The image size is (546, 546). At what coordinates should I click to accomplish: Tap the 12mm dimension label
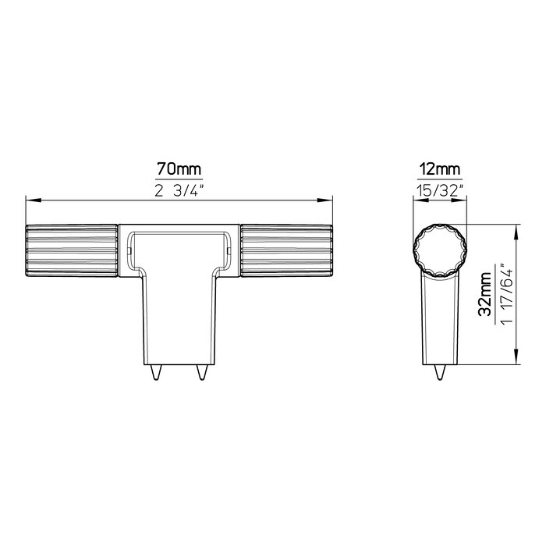point(438,168)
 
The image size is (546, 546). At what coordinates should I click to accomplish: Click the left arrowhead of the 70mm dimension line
point(31,200)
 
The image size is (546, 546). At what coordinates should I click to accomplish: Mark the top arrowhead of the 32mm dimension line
point(517,229)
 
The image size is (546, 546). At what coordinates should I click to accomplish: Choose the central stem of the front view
point(179,320)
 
